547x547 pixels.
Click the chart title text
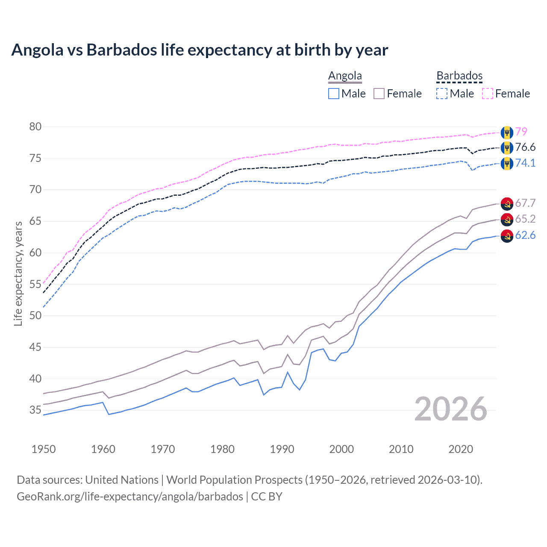tap(200, 50)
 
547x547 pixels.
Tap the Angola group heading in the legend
tap(345, 76)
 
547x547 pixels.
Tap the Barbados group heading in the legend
tap(459, 76)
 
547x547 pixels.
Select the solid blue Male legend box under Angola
tap(334, 94)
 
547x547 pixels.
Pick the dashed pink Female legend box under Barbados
tap(488, 94)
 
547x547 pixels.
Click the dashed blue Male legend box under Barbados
tap(442, 94)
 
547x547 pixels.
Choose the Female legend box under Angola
tap(379, 94)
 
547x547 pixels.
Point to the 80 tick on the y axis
tap(35, 126)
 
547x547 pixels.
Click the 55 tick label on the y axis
tap(35, 284)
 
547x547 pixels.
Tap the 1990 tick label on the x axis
tap(282, 449)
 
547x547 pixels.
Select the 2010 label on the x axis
tap(401, 449)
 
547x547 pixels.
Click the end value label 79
tap(521, 132)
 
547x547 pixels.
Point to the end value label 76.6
tap(525, 147)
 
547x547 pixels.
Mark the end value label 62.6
tap(525, 235)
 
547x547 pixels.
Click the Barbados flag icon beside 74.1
tap(507, 163)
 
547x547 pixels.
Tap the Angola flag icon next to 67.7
tap(507, 203)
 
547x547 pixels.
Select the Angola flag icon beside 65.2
tap(507, 220)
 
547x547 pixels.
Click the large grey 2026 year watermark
tap(451, 409)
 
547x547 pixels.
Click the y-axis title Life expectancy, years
tap(18, 273)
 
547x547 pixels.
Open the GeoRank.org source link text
tap(130, 497)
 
